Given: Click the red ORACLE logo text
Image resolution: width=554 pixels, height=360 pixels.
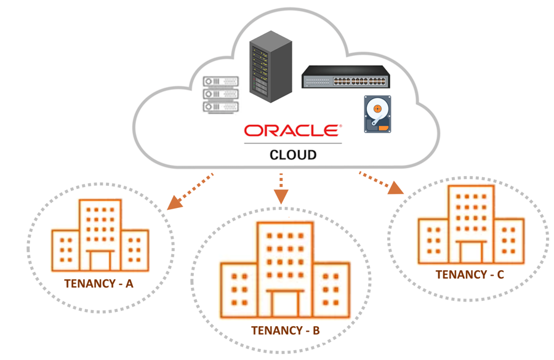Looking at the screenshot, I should coord(292,131).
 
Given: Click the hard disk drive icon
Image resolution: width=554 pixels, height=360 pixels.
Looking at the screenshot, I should coord(377,114).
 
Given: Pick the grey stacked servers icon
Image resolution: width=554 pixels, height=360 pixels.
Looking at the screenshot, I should coord(220,95).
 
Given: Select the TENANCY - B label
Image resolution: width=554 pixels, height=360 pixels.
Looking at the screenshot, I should coord(285,330).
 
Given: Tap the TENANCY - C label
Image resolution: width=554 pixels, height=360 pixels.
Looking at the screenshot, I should coord(470,274).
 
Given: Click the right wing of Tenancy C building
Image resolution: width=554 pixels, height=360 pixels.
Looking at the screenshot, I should coord(508,239).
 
